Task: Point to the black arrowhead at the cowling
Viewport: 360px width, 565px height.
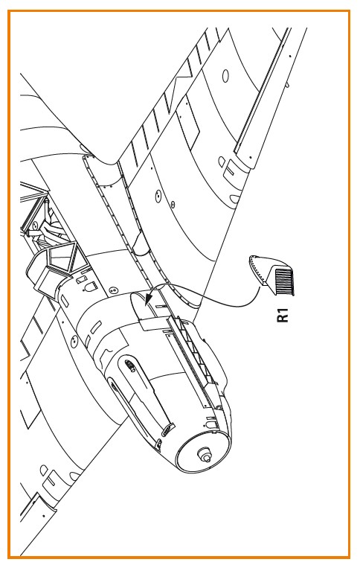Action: (x=148, y=299)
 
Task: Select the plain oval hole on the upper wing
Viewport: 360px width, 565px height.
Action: (x=225, y=75)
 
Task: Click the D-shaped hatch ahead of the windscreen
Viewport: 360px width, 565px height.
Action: (x=89, y=287)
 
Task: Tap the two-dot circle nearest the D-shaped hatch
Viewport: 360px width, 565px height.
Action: (x=112, y=290)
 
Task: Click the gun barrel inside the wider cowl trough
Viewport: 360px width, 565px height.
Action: (x=131, y=366)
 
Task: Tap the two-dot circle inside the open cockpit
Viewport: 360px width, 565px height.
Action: (x=34, y=226)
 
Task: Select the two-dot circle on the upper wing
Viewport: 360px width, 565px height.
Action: (x=158, y=196)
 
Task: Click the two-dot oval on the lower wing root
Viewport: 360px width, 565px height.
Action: (x=74, y=340)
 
